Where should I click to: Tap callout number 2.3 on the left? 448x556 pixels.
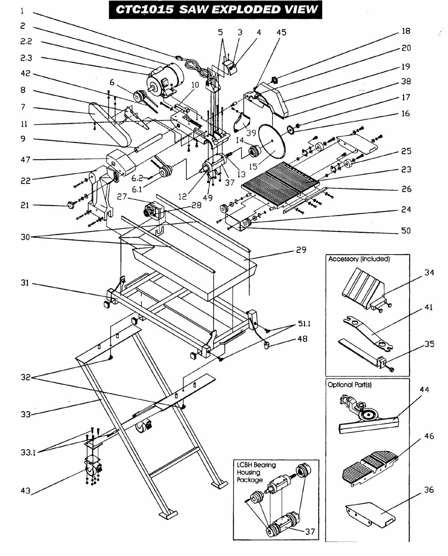click(26, 58)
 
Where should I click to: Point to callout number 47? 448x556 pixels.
click(25, 160)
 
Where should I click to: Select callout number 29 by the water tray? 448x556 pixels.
click(301, 250)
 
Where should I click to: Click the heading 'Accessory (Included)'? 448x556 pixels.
click(359, 259)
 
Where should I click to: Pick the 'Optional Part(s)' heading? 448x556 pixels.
click(349, 385)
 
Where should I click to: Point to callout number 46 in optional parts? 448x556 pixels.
click(429, 436)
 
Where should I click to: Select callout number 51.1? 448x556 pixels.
click(304, 324)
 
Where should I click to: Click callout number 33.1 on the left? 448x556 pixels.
click(28, 452)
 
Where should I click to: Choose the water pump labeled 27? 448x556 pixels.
click(152, 211)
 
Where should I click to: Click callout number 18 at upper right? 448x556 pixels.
click(406, 31)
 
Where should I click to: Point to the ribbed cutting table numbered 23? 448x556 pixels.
click(279, 183)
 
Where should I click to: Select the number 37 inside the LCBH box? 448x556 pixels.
click(310, 531)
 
